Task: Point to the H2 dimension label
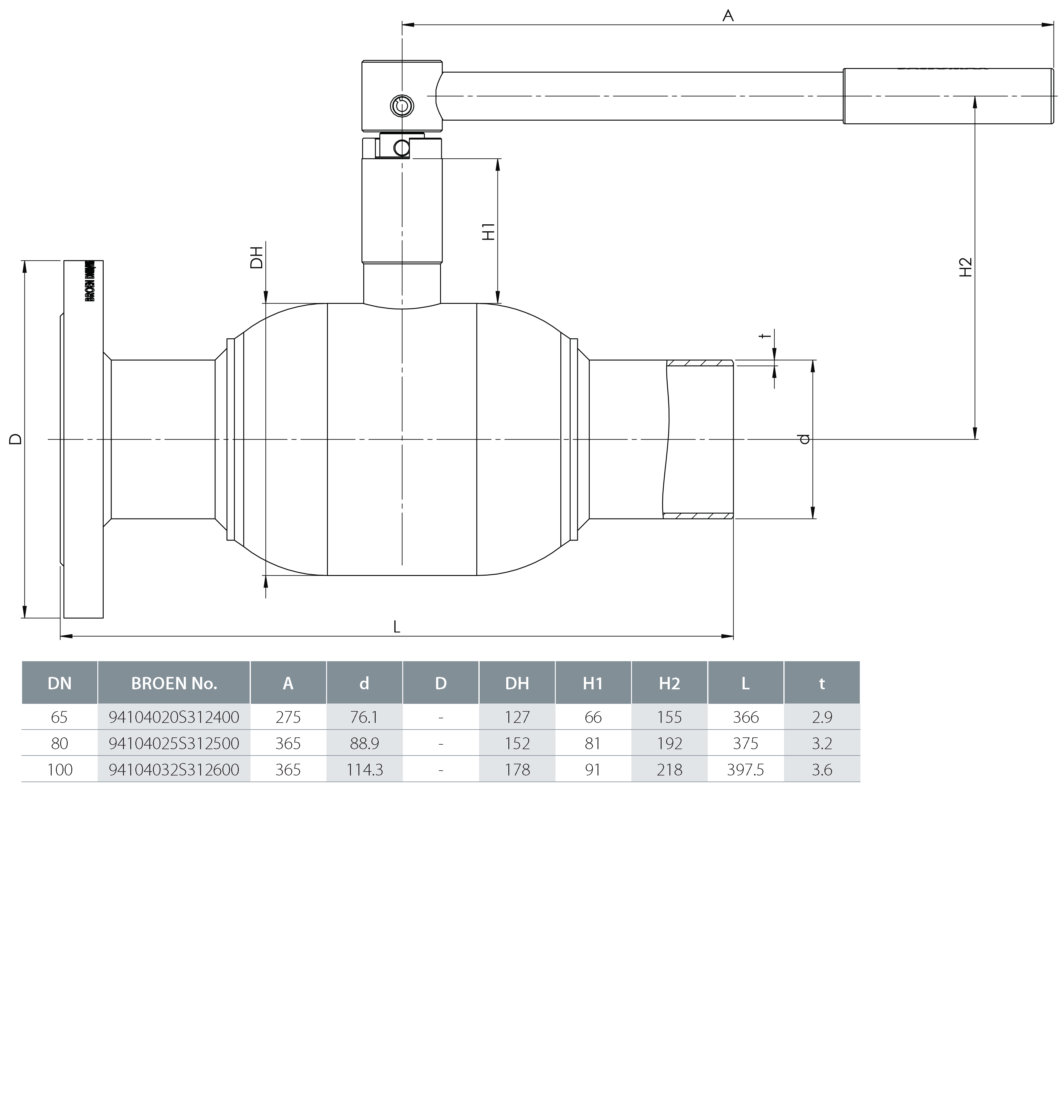pos(965,268)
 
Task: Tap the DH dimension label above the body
pos(256,258)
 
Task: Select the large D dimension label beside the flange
pos(16,439)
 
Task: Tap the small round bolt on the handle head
pos(401,105)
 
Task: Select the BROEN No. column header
pos(174,683)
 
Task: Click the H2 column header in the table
pos(669,683)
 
